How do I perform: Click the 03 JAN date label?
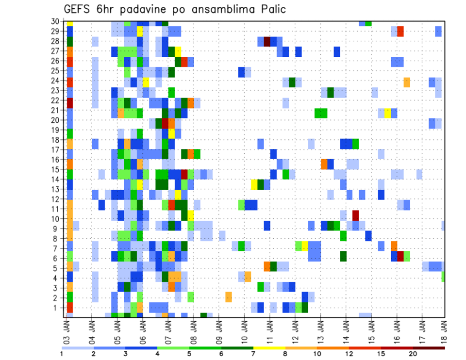[67, 330]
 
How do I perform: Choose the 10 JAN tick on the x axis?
[244, 330]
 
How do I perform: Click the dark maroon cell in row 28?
[267, 41]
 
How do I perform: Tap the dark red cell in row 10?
[355, 215]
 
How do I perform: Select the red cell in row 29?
[400, 31]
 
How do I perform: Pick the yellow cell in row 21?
[387, 113]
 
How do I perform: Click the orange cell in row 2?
[229, 296]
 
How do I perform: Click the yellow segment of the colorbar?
[269, 348]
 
